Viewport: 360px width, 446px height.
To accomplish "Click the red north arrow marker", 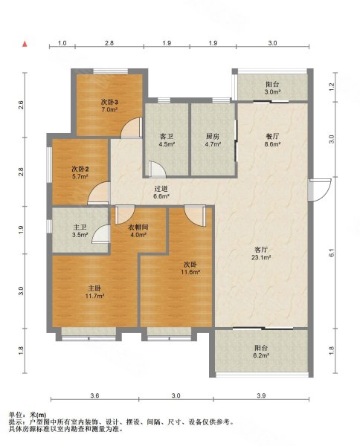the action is coord(25,44).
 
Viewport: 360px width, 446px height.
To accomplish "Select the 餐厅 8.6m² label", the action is coord(272,140).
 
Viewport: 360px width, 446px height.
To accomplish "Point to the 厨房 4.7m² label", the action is coord(213,140).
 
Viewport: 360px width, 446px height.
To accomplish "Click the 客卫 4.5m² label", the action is coord(167,140).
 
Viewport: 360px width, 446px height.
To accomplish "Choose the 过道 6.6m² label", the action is coord(161,193).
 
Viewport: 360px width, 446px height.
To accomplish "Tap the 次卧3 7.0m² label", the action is coord(109,106).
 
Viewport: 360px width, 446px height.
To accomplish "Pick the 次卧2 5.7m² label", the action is coord(80,172).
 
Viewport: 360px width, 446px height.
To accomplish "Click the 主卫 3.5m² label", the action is coord(80,230).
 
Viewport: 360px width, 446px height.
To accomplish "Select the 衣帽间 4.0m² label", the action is coord(138,230).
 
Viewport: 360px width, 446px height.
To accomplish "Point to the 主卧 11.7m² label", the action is coord(94,292).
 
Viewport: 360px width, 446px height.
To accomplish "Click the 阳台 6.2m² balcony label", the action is coord(261,352).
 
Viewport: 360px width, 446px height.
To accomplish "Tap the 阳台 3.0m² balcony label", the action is coord(272,88).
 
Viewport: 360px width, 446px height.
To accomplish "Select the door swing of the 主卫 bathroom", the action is coord(101,234).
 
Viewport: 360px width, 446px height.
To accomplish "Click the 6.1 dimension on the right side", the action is coord(332,253).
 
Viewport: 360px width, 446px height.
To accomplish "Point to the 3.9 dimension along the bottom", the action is coord(261,395).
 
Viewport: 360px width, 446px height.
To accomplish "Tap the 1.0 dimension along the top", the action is coord(62,43).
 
